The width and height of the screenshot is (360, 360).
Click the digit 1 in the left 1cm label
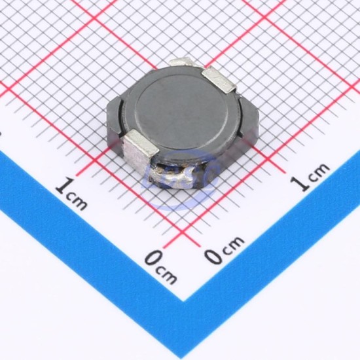[65, 187]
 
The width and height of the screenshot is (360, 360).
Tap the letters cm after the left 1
[77, 202]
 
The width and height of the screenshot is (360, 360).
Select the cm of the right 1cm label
[319, 171]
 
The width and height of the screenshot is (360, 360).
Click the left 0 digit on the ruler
[154, 258]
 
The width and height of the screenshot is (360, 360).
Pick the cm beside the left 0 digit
[166, 275]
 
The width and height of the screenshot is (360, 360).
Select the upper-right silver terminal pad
[219, 79]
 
